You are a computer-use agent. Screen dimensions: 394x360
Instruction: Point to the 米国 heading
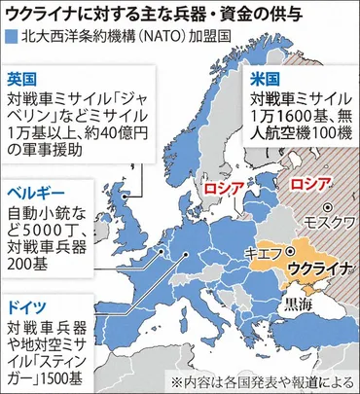coord(262,75)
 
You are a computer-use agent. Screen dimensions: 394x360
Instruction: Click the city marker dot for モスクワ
coord(331,206)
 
